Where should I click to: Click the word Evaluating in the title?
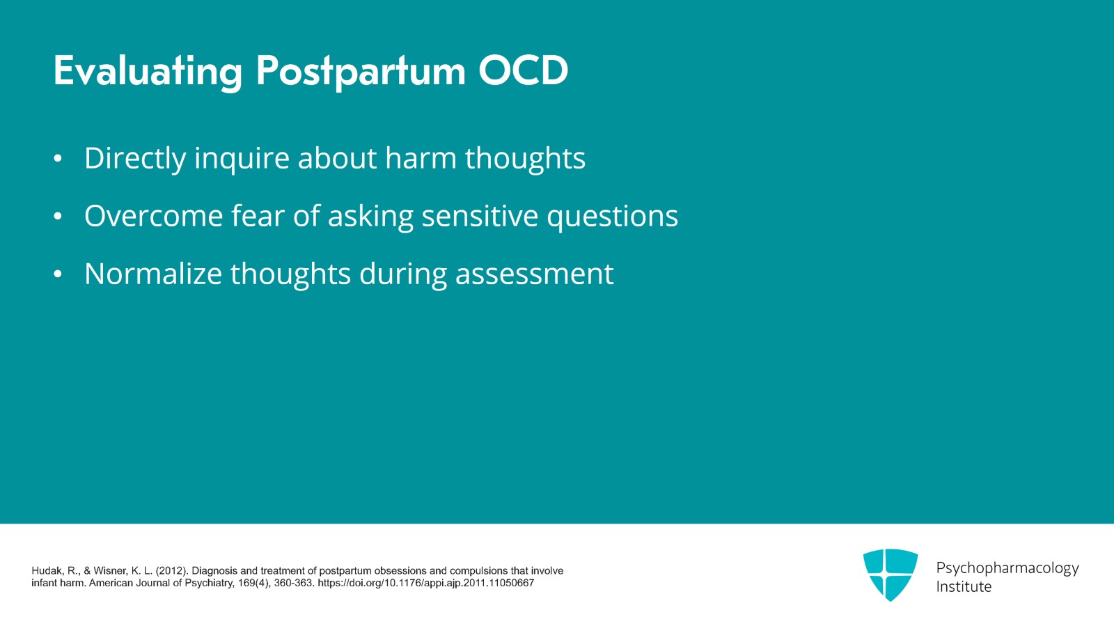click(x=148, y=71)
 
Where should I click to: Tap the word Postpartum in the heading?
click(x=360, y=71)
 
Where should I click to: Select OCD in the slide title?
click(x=523, y=71)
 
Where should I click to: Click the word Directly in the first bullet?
click(x=134, y=159)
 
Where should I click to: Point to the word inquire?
click(x=242, y=159)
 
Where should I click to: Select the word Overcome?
click(x=153, y=216)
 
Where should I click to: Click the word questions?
click(x=612, y=217)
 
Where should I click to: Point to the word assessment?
click(x=534, y=274)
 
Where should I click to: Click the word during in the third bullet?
click(x=402, y=274)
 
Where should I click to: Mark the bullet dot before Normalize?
click(x=58, y=274)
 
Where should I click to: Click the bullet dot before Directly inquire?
click(x=58, y=159)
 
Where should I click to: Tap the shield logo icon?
click(x=890, y=574)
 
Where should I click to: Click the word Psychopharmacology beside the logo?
click(x=1007, y=568)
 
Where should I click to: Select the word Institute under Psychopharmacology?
click(x=963, y=587)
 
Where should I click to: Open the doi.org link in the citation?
click(x=425, y=584)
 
